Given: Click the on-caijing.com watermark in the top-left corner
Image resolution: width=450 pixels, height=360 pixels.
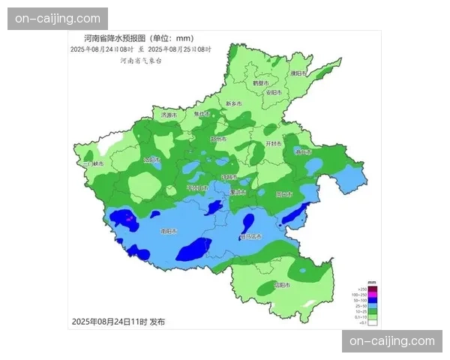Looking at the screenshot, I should (57, 18).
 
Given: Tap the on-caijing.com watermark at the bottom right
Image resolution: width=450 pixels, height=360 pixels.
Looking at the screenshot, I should (392, 341).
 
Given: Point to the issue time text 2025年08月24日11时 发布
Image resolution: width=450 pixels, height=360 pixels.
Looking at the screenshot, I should (118, 322).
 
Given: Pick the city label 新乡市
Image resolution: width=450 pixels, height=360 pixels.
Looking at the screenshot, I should (234, 103).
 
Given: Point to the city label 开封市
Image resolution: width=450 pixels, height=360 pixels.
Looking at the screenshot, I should (274, 142).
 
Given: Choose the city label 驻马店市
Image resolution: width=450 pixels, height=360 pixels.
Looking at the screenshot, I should (250, 236).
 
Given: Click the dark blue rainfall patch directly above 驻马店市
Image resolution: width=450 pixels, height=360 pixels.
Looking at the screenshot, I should (247, 222).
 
